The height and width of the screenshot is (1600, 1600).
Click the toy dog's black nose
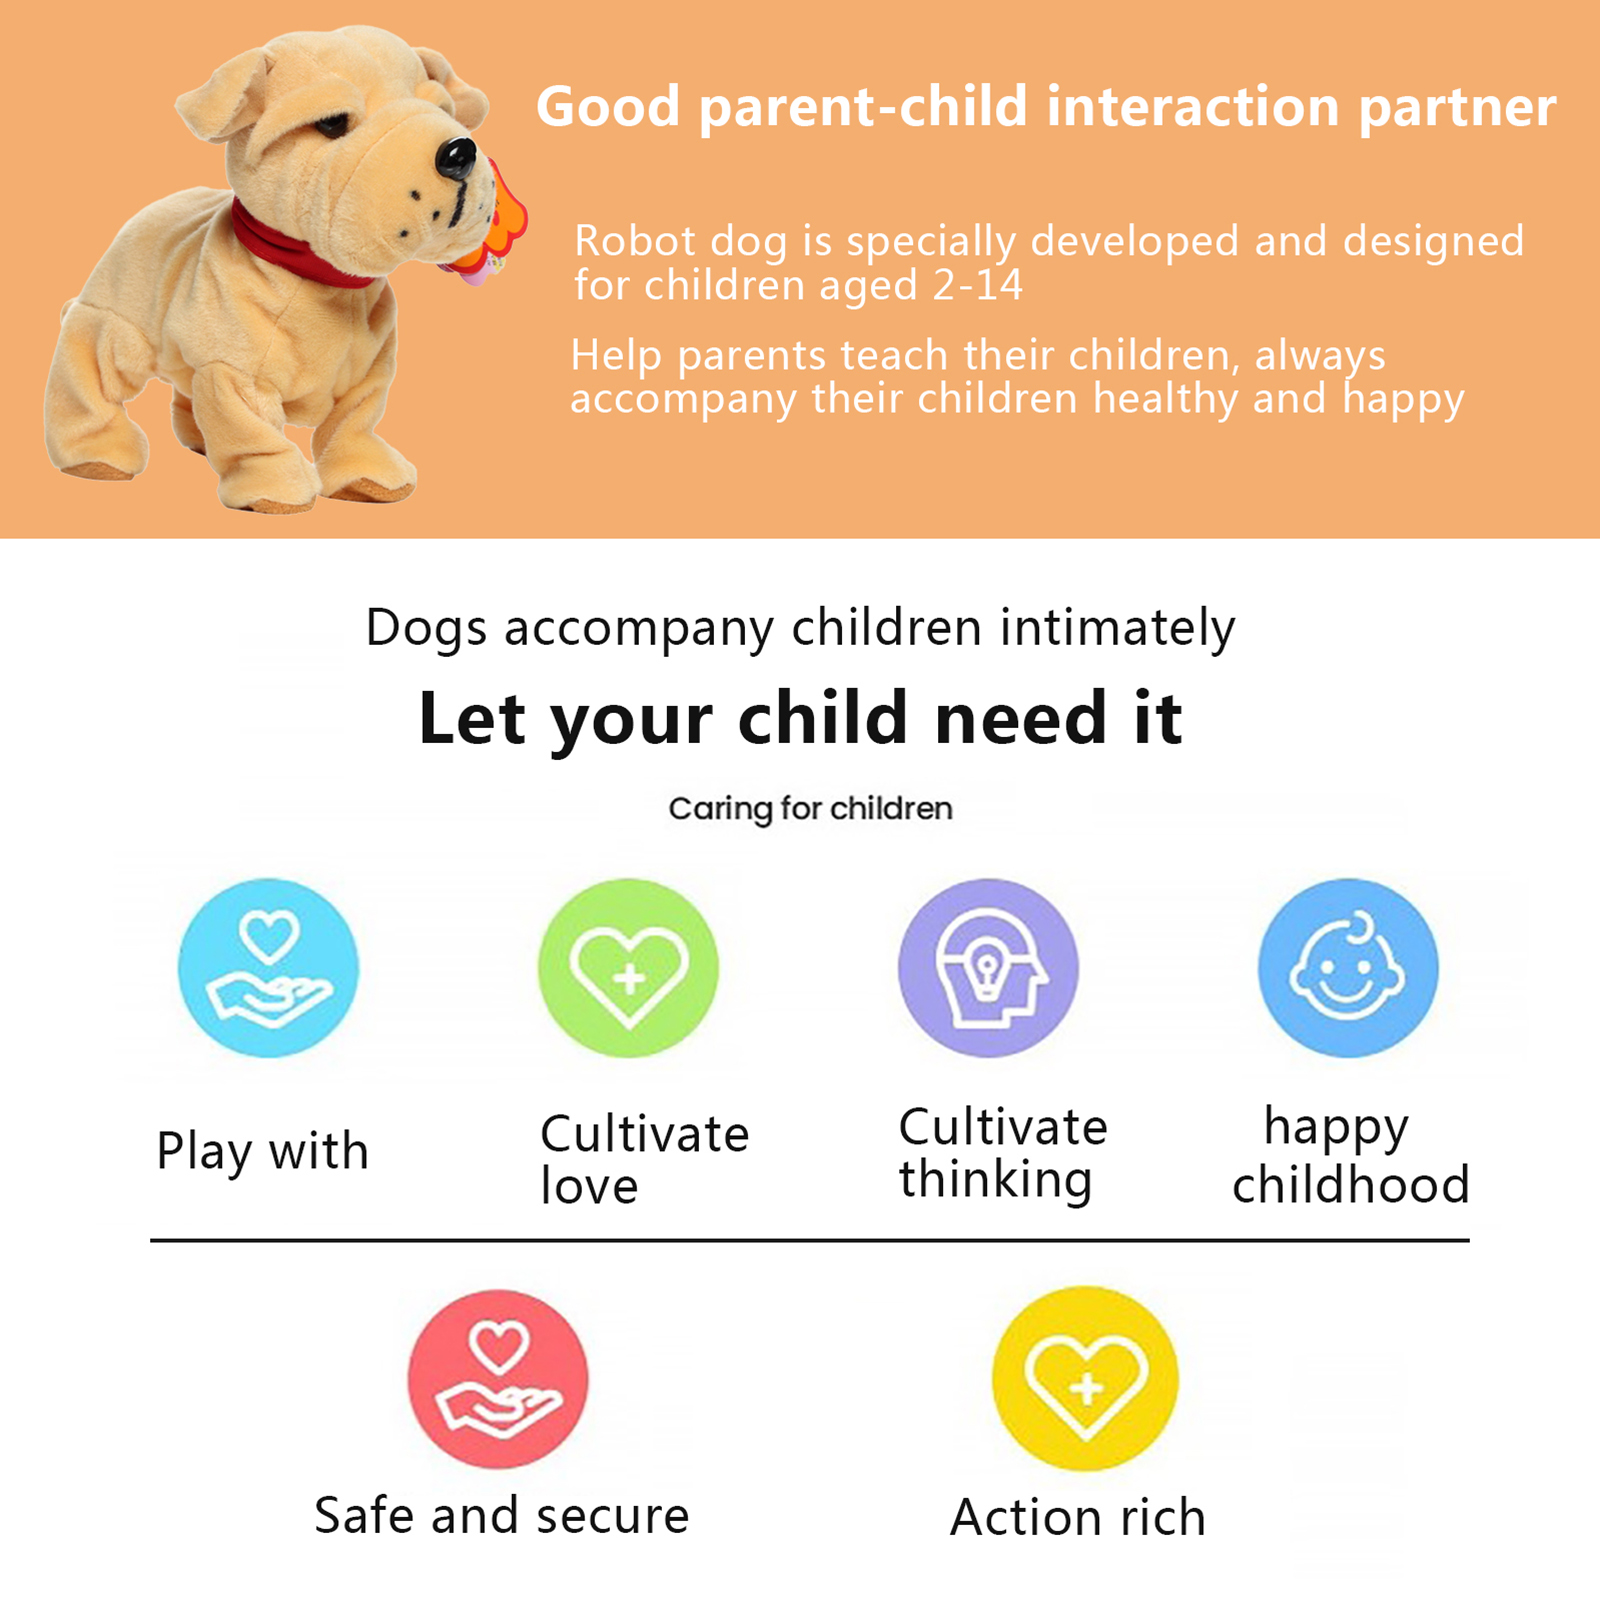[x=456, y=158]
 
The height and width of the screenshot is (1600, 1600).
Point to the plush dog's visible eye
[x=332, y=126]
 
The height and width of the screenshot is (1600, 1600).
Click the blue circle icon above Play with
[x=268, y=968]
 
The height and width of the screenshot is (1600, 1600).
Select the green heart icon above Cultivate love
[x=628, y=968]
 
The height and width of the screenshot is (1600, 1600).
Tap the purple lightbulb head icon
[x=988, y=968]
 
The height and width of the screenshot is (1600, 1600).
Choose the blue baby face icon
[x=1348, y=968]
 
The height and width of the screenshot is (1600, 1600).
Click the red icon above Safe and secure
[x=498, y=1379]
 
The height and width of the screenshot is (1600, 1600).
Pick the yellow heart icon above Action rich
[x=1085, y=1379]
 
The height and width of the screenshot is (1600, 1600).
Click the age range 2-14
[x=977, y=286]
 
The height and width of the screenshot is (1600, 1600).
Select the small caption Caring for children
[x=810, y=809]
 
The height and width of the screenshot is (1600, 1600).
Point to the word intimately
[x=1118, y=629]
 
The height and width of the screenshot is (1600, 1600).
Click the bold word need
[x=1020, y=719]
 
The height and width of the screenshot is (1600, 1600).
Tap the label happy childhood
[x=1350, y=1155]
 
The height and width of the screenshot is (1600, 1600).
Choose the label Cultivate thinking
[x=1003, y=1153]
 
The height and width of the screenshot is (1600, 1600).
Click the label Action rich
[x=1078, y=1517]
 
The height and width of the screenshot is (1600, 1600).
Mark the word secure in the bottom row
[x=613, y=1516]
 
